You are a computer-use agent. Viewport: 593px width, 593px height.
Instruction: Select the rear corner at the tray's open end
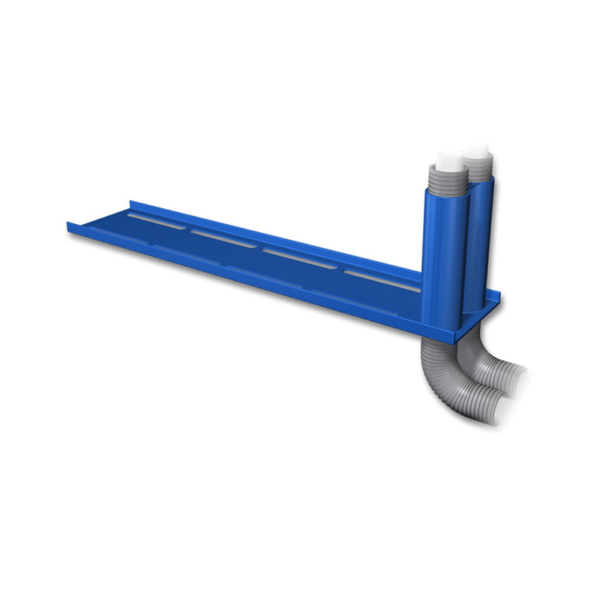coord(133,202)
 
